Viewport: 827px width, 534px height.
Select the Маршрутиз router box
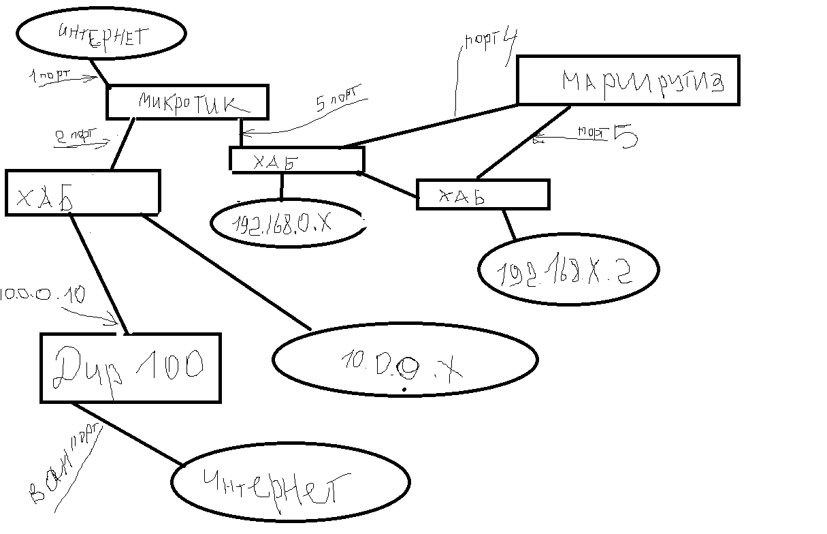point(628,81)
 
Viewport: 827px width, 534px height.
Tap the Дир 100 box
point(130,367)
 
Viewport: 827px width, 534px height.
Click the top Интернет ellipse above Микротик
point(101,33)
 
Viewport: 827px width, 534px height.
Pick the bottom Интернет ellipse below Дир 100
point(289,484)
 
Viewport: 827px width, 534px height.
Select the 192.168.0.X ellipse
point(286,223)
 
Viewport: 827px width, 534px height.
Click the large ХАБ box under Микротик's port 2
point(82,193)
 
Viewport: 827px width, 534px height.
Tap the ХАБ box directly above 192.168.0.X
point(297,161)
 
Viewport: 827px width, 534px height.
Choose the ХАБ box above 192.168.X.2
point(482,194)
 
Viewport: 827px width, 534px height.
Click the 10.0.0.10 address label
point(42,295)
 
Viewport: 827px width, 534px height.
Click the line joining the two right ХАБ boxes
point(388,186)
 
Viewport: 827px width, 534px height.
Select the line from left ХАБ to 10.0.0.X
point(225,272)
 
